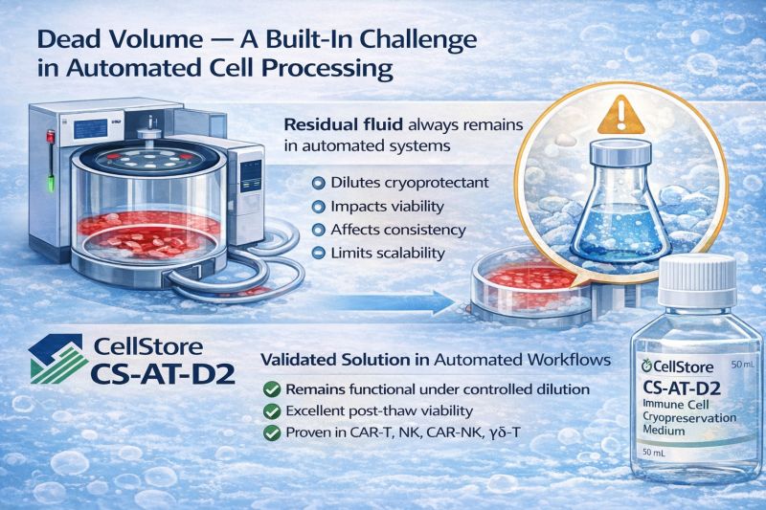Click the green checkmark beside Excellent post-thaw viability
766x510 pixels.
click(x=271, y=412)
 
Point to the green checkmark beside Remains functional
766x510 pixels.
click(x=271, y=388)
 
